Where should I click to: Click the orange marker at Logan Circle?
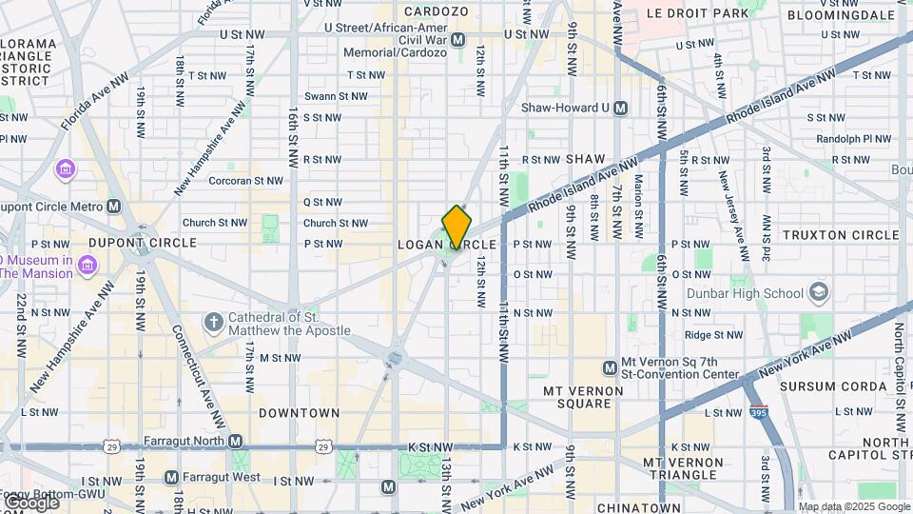(x=456, y=227)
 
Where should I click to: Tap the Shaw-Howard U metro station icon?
(x=620, y=108)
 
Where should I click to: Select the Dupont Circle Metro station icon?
(x=114, y=206)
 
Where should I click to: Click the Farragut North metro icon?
(x=235, y=442)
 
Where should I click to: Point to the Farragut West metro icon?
(x=171, y=477)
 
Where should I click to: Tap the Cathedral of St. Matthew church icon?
(x=213, y=323)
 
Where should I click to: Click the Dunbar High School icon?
(x=818, y=292)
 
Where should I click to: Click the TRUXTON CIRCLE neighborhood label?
(x=840, y=234)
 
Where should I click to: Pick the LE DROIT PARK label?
(x=697, y=13)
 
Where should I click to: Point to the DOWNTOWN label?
(x=299, y=413)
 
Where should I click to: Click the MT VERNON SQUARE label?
(x=576, y=397)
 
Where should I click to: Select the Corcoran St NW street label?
(x=245, y=180)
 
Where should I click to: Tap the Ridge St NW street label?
(x=713, y=335)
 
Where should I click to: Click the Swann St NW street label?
(x=336, y=96)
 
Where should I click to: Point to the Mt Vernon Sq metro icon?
(x=610, y=367)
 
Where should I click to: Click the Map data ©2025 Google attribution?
(x=854, y=506)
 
